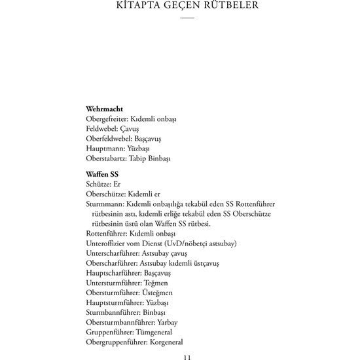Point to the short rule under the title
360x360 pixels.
tap(187, 19)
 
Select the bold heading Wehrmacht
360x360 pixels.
tap(105, 109)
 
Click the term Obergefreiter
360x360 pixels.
tap(106, 119)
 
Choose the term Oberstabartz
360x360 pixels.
tap(106, 158)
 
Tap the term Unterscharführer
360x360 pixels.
tap(112, 253)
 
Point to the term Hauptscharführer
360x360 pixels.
tap(112, 273)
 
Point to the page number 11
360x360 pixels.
tap(187, 357)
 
